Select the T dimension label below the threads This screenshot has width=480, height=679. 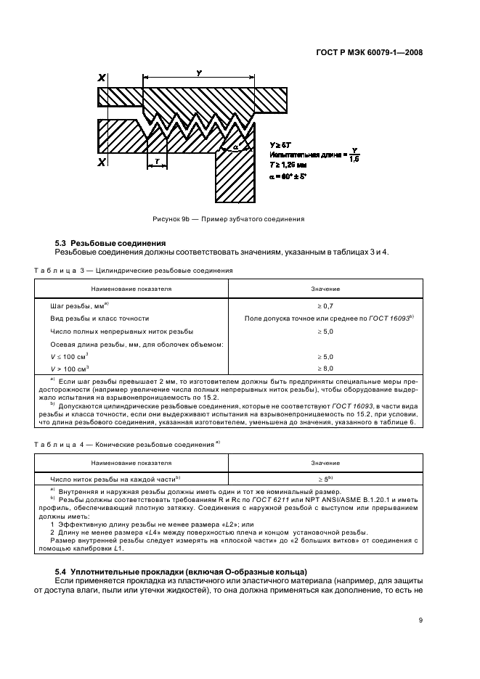[157, 161]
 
